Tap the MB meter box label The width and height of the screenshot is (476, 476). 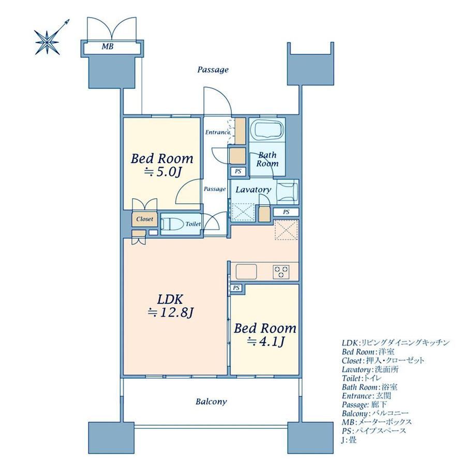tap(108, 47)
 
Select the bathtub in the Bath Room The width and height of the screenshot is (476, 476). tap(267, 130)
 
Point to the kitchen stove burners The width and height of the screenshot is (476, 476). tap(281, 272)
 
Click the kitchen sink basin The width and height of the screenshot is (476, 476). tap(246, 272)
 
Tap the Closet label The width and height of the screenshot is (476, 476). tap(144, 219)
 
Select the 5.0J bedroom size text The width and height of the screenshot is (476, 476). tap(162, 172)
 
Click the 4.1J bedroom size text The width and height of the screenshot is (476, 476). tap(265, 342)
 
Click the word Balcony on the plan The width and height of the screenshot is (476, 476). tap(211, 402)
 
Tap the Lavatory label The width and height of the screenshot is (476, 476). tap(254, 190)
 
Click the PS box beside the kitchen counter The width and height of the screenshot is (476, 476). tap(236, 288)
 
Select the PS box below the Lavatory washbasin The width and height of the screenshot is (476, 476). tap(286, 212)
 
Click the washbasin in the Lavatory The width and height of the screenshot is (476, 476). tap(288, 192)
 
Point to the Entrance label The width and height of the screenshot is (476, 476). tap(218, 132)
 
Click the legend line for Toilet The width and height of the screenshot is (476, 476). tap(361, 378)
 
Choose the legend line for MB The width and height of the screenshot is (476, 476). tap(377, 422)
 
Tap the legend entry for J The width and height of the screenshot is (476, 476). tap(349, 440)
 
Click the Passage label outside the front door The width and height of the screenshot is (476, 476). tap(213, 70)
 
